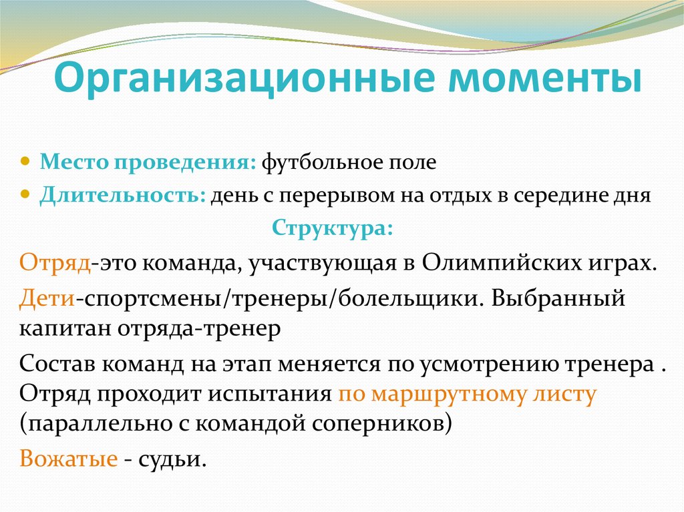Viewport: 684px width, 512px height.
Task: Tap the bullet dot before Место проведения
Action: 25,162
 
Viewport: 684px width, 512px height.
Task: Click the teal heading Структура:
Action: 332,227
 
